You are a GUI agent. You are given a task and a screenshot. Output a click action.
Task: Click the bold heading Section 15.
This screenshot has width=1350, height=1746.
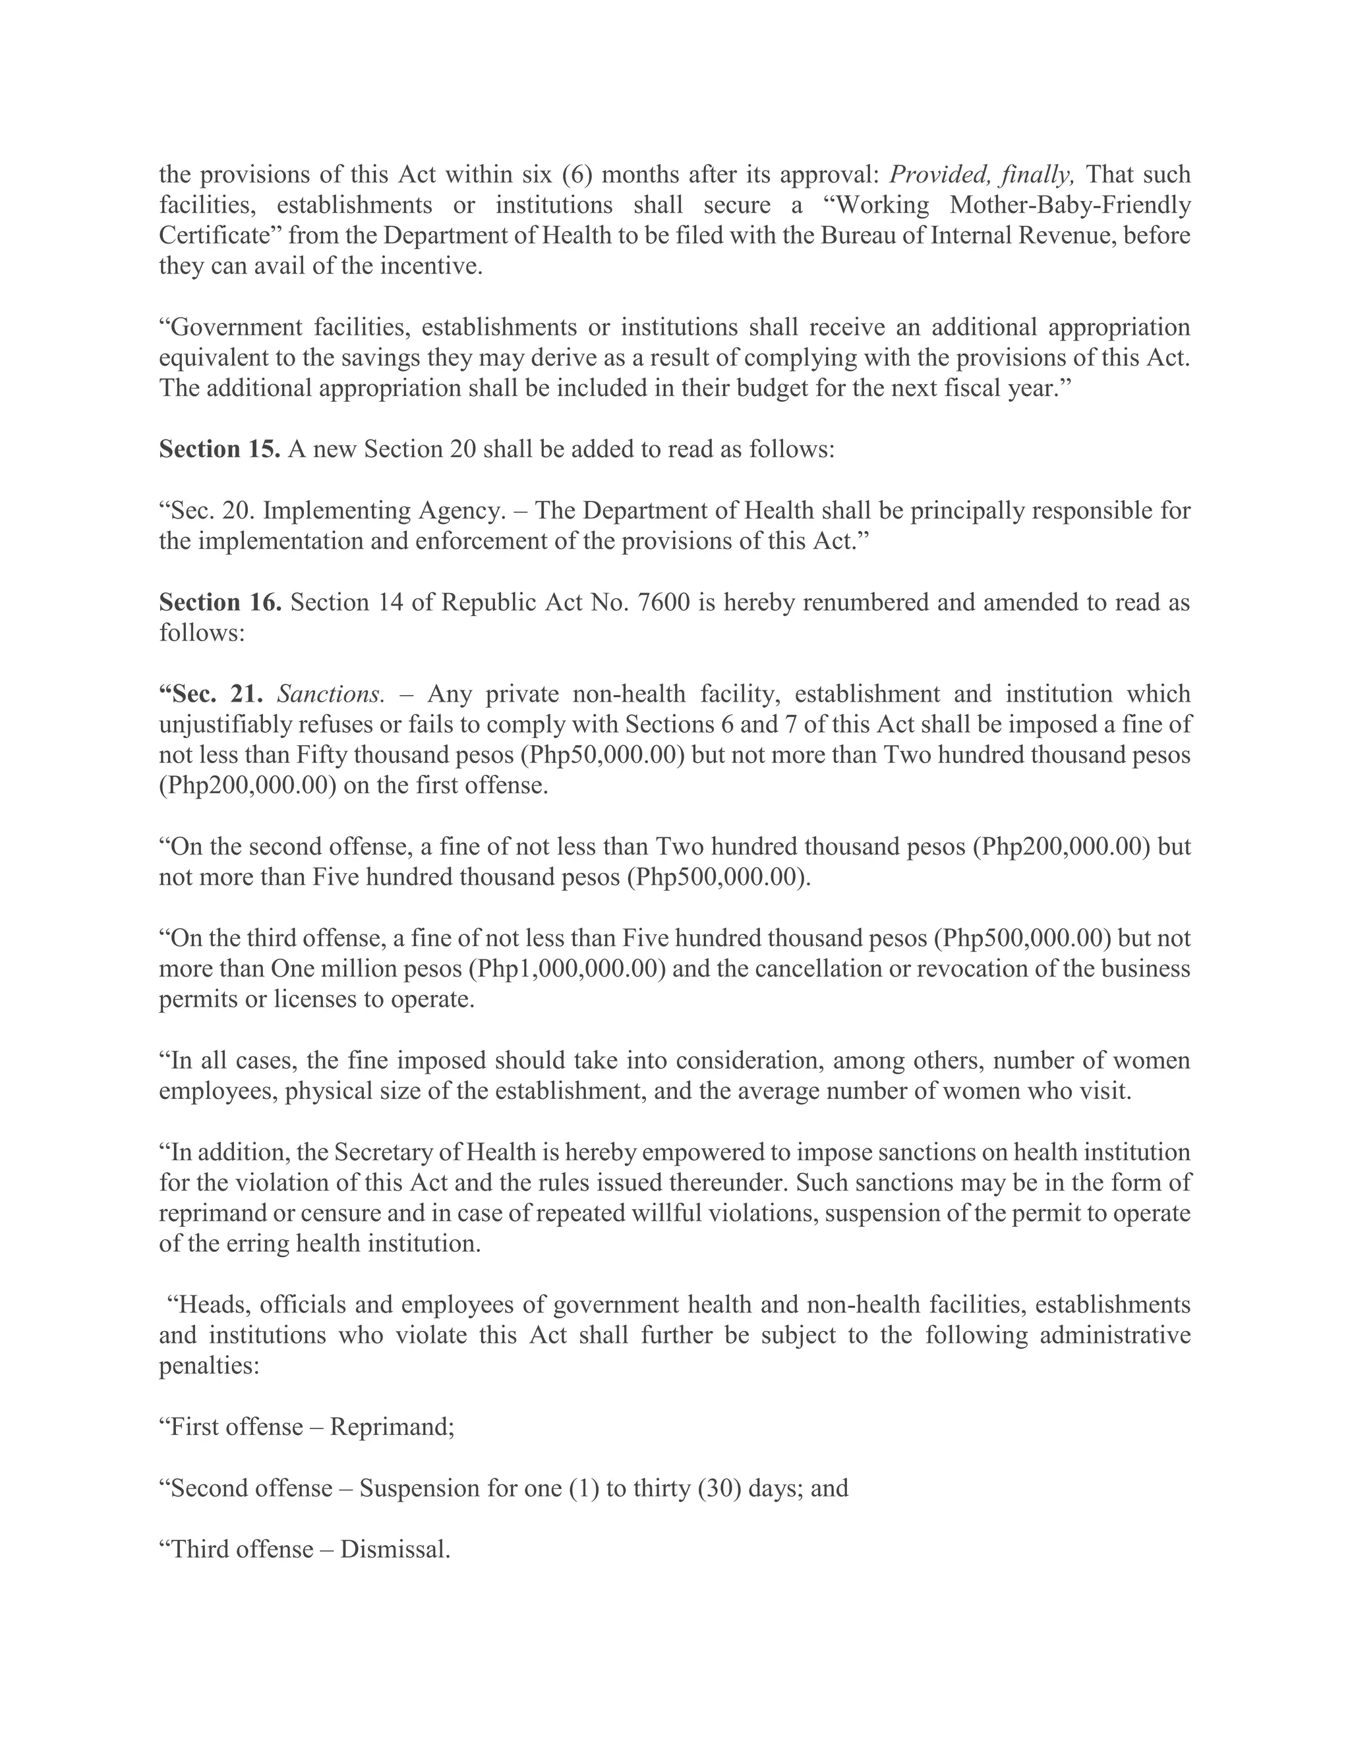(x=219, y=449)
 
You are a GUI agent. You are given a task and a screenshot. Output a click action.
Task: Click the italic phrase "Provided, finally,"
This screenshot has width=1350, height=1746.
(x=983, y=175)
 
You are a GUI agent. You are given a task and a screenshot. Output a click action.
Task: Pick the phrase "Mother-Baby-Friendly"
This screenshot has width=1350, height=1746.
(x=1070, y=205)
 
